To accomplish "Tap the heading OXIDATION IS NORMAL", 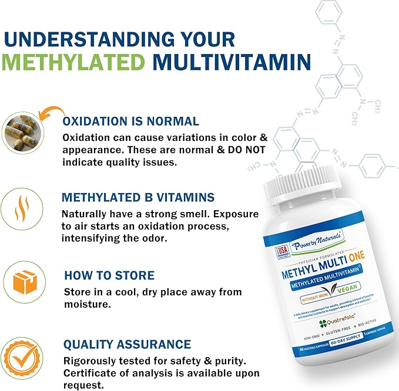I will tap(131, 122).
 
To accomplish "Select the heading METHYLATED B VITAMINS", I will tap(139, 197).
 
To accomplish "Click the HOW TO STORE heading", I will tap(109, 275).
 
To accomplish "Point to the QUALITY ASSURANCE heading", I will tap(128, 345).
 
